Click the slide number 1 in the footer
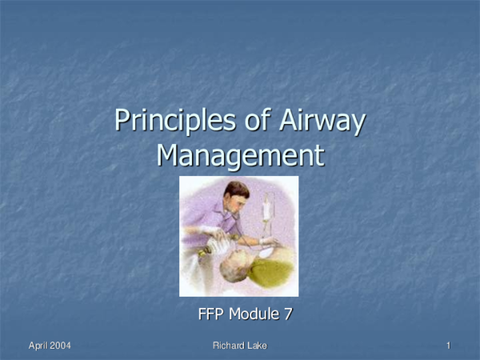(449, 345)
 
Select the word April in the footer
(40, 345)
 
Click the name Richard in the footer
(230, 345)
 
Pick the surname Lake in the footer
(258, 345)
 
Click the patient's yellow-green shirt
(272, 268)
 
